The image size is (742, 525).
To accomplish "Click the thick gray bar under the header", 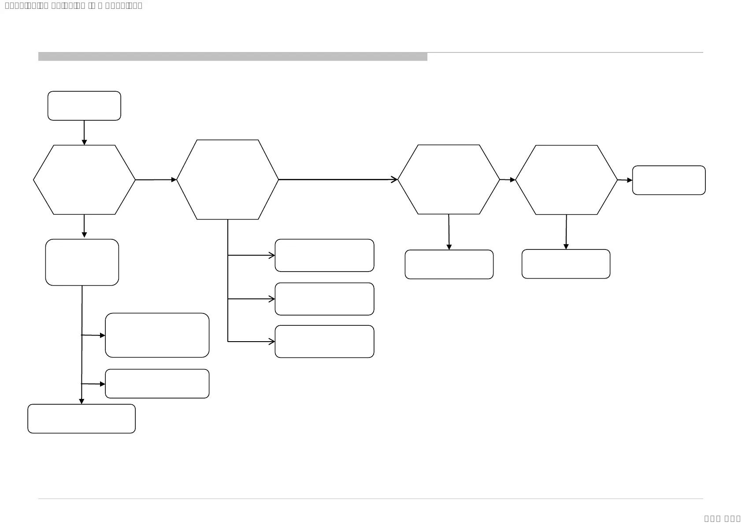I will (233, 56).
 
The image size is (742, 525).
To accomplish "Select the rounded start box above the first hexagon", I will (84, 106).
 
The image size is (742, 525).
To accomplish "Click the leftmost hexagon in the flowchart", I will (84, 180).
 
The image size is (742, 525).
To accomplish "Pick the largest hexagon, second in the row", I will (227, 179).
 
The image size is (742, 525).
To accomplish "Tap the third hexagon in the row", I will (449, 179).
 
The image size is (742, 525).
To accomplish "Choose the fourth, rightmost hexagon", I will (566, 180).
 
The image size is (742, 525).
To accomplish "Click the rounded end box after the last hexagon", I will (668, 180).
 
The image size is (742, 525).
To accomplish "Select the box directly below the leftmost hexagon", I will (82, 262).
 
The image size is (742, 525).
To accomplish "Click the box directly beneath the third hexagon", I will (449, 264).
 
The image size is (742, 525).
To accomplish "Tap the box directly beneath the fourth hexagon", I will (566, 264).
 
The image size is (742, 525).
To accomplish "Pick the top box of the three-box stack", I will (324, 255).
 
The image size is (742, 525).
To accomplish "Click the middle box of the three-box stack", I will (324, 299).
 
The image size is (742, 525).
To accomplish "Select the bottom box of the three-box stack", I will (324, 342).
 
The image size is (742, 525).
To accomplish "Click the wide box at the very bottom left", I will (82, 419).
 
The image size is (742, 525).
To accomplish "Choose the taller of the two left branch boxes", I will (157, 335).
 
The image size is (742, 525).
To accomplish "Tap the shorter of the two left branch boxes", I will (157, 384).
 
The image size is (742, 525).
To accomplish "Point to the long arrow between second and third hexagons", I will (338, 179).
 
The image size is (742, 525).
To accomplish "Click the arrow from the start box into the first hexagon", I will (84, 132).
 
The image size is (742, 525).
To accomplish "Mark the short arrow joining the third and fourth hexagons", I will (508, 180).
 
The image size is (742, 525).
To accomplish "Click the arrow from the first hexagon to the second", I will (156, 180).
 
